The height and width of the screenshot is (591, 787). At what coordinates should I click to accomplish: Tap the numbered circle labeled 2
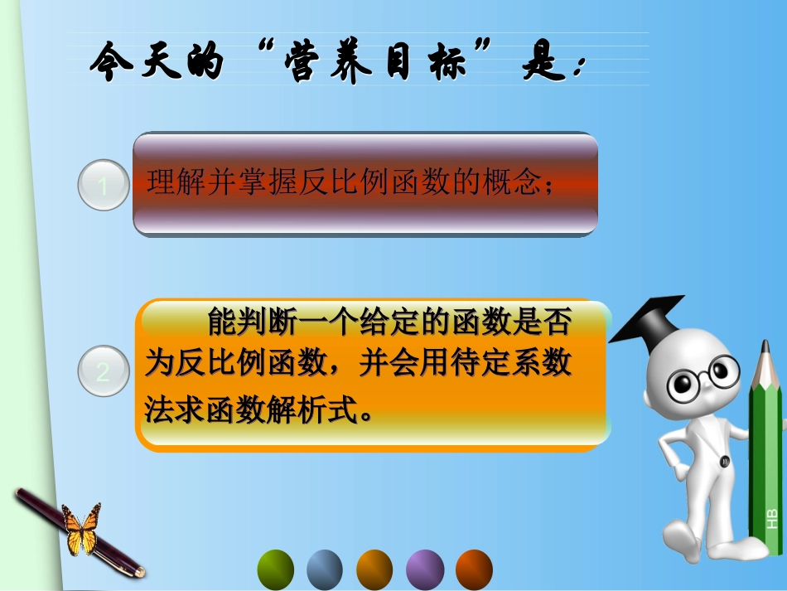click(x=103, y=371)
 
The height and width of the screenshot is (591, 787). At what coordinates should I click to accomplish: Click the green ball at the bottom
click(x=276, y=569)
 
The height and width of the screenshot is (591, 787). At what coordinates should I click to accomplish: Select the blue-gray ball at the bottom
click(x=325, y=569)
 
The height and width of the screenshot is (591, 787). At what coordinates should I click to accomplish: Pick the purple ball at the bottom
click(x=425, y=569)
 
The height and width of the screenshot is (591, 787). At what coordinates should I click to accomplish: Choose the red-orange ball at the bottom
click(x=475, y=569)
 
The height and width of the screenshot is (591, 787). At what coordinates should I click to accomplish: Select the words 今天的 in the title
click(x=157, y=65)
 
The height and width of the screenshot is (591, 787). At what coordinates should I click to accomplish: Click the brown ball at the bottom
click(x=374, y=569)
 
